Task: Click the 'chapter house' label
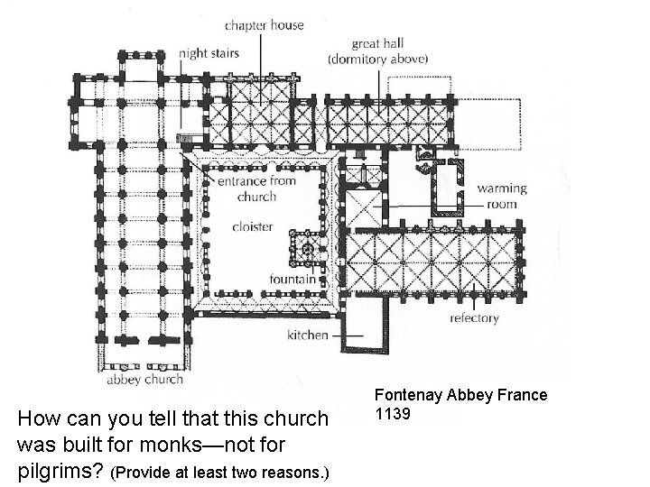(264, 25)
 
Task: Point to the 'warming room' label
(503, 197)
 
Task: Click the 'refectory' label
(474, 318)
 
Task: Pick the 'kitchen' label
(307, 335)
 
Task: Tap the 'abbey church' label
(145, 380)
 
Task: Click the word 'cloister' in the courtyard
(252, 226)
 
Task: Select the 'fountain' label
(291, 279)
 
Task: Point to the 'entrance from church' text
(257, 188)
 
